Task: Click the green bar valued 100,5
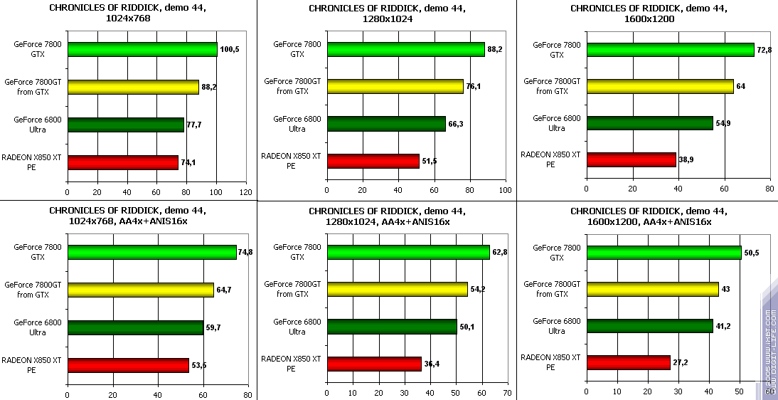click(x=142, y=49)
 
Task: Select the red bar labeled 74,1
click(x=122, y=162)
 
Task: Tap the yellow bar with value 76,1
click(x=395, y=86)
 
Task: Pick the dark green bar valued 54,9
click(x=649, y=123)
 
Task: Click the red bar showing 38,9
click(x=631, y=160)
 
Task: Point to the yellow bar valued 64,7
click(x=140, y=290)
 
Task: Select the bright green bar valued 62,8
click(x=407, y=252)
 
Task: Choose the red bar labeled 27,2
click(x=628, y=362)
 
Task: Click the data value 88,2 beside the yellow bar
click(x=210, y=87)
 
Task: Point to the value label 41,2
click(x=723, y=326)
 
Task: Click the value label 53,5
click(x=198, y=365)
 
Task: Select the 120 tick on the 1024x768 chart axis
click(x=246, y=192)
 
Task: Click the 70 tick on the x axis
click(x=506, y=393)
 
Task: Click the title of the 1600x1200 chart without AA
click(x=648, y=14)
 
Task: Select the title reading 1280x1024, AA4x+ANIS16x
click(x=388, y=216)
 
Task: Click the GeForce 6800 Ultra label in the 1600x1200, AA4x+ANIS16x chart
click(x=557, y=326)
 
